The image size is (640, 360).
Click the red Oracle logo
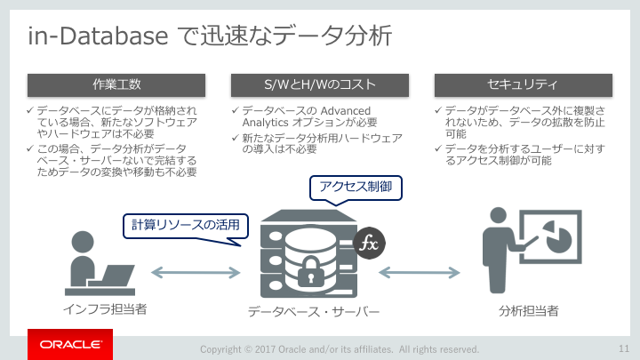pyautogui.click(x=70, y=345)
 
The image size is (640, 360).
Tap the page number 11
pyautogui.click(x=624, y=348)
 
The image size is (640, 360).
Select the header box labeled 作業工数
pyautogui.click(x=116, y=85)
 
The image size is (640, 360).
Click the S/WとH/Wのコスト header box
pyautogui.click(x=320, y=85)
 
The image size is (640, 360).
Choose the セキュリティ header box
pyautogui.click(x=524, y=85)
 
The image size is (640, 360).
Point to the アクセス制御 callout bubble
pyautogui.click(x=356, y=188)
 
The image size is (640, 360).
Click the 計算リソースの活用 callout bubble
pyautogui.click(x=186, y=226)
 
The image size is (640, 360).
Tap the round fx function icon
pyautogui.click(x=369, y=244)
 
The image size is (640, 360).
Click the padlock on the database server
pyautogui.click(x=311, y=272)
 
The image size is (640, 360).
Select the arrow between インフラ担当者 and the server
pyautogui.click(x=196, y=272)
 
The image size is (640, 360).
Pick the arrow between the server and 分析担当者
pyautogui.click(x=420, y=272)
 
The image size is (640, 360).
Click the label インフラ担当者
pyautogui.click(x=105, y=309)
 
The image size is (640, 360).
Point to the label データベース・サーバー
pyautogui.click(x=314, y=312)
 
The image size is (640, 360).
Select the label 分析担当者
pyautogui.click(x=528, y=311)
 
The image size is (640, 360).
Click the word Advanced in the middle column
pyautogui.click(x=345, y=111)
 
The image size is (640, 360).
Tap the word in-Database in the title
pyautogui.click(x=98, y=36)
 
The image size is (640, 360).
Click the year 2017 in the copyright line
pyautogui.click(x=265, y=349)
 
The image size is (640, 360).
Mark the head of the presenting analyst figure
pyautogui.click(x=498, y=215)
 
